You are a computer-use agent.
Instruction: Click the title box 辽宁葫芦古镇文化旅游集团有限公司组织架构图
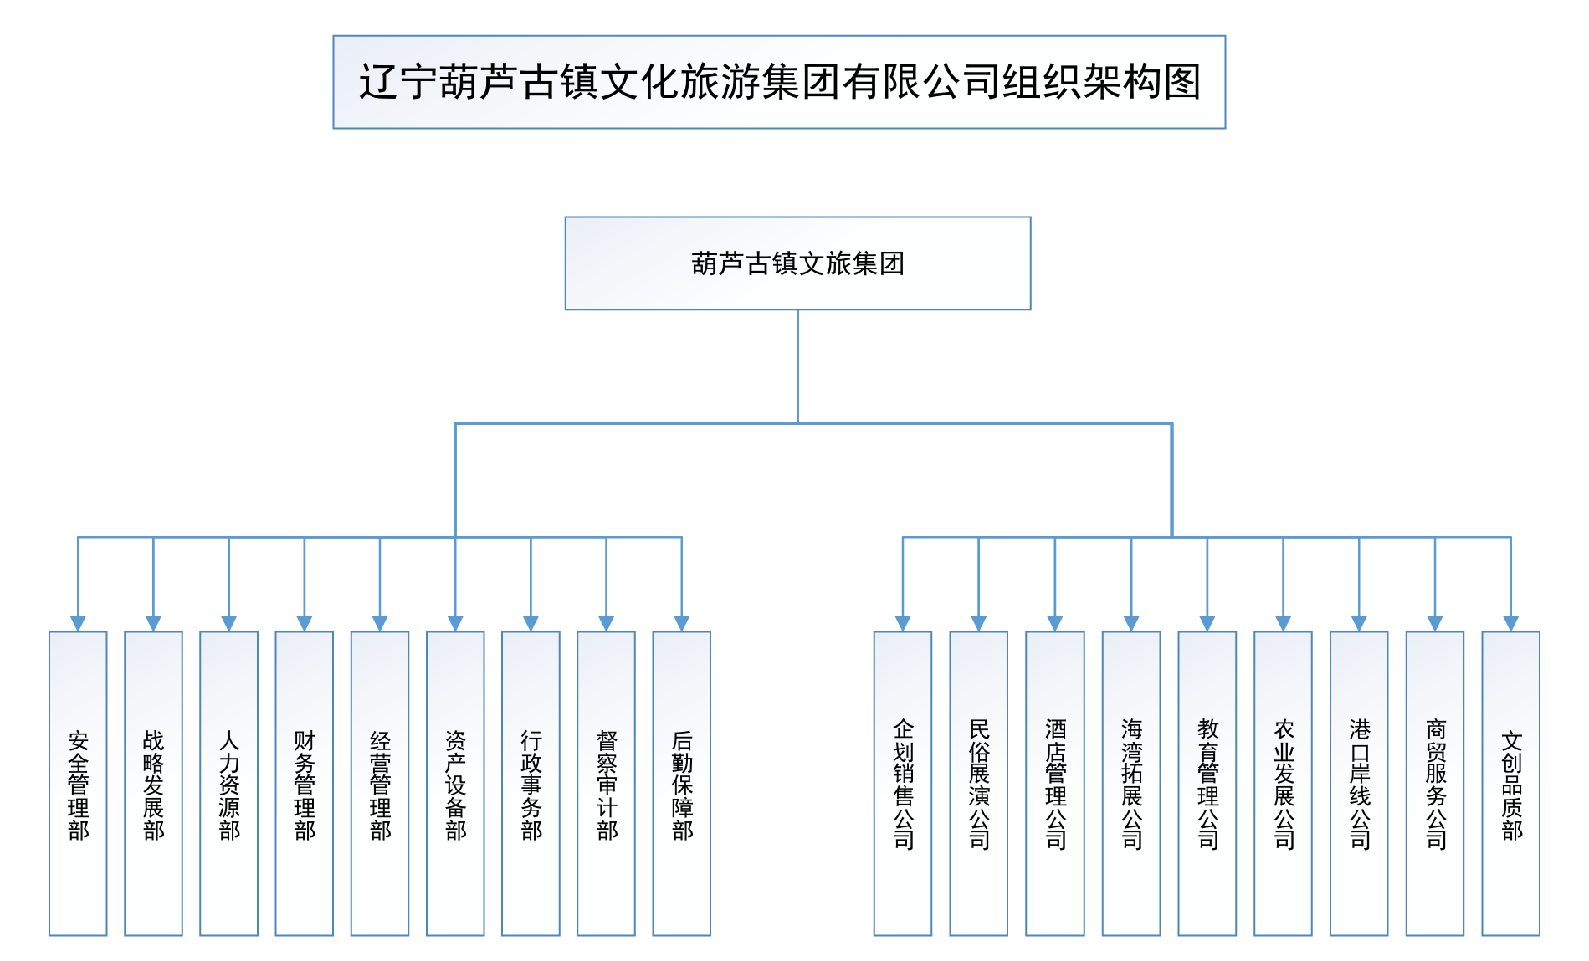coord(778,82)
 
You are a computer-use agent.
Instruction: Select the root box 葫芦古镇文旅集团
coord(797,263)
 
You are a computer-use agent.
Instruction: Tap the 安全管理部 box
coord(78,783)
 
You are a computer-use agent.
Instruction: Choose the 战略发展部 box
coord(153,783)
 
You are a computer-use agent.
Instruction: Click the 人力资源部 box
coord(228,783)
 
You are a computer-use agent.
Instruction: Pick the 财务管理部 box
coord(305,783)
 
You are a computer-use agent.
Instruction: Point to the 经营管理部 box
coord(380,783)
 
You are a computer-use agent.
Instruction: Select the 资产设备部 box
coord(455,783)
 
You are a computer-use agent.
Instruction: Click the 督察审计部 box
coord(606,783)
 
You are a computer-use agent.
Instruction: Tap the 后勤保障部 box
coord(682,783)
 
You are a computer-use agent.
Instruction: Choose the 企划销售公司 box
coord(903,783)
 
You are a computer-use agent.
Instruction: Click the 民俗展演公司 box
coord(978,783)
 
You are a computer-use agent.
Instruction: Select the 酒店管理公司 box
coord(1055,783)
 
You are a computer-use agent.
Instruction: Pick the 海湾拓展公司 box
coord(1131,783)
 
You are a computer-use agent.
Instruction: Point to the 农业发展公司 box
coord(1283,783)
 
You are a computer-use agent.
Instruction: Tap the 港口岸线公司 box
coord(1359,783)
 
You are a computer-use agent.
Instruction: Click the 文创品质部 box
coord(1510,783)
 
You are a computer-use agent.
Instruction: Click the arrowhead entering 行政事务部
coord(531,623)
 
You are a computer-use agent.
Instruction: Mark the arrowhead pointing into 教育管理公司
coord(1207,623)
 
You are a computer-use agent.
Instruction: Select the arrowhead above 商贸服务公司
coord(1435,623)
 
